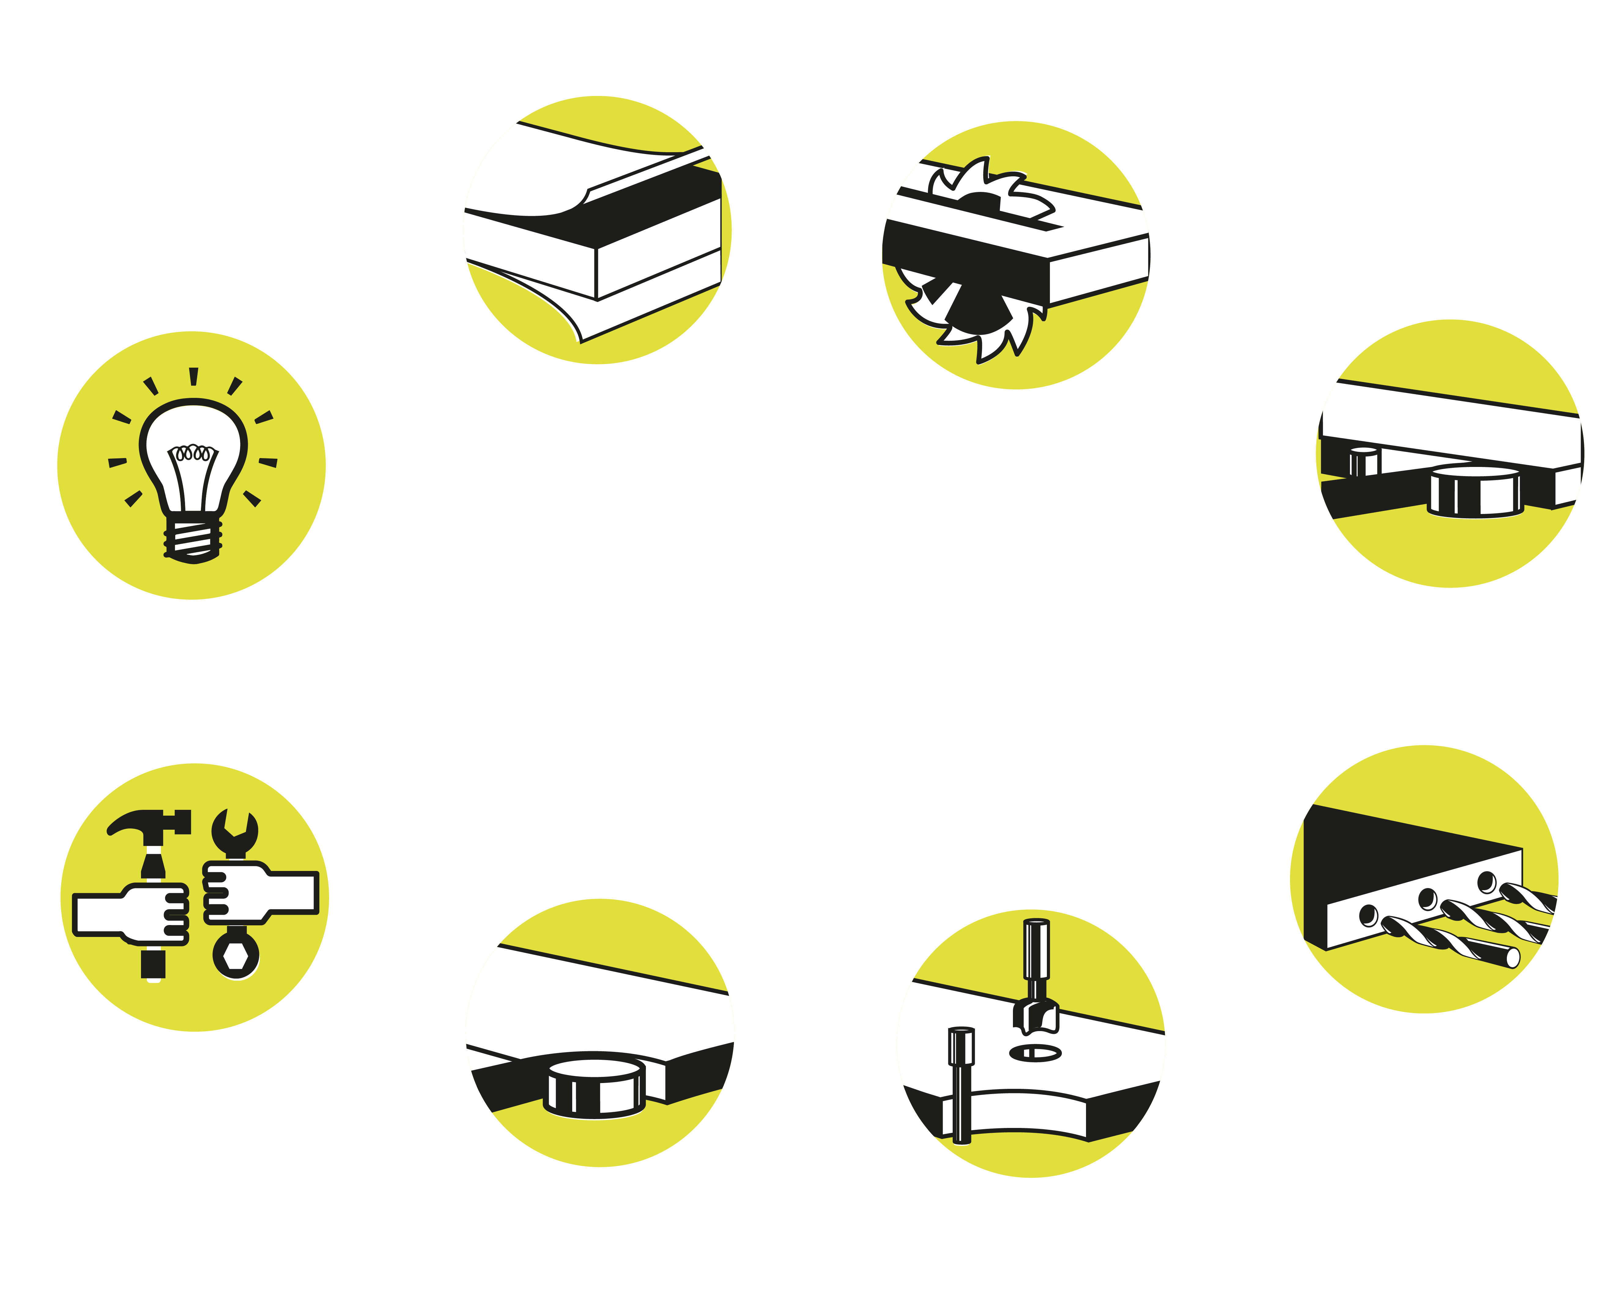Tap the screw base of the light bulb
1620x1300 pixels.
coord(193,538)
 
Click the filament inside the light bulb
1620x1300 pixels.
coord(193,453)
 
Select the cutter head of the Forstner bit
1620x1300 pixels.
coord(1037,1015)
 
